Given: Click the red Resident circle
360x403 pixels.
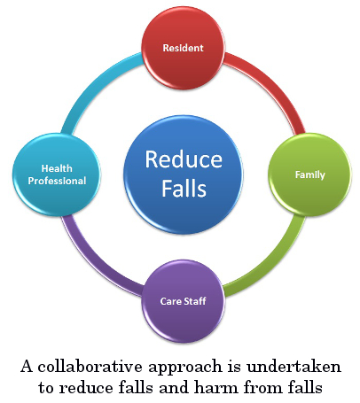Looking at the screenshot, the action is [x=183, y=48].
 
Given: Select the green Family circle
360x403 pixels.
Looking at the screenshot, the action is [x=309, y=174].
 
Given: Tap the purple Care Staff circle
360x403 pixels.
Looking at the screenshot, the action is [x=183, y=301].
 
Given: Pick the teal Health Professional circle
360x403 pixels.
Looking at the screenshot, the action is [x=57, y=174].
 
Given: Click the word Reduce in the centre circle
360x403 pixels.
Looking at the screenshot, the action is [x=184, y=159].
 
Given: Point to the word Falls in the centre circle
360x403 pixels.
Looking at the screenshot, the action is [x=184, y=188].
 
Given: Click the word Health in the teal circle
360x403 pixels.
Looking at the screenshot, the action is [x=57, y=168].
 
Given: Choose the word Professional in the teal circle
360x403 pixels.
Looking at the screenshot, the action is [x=57, y=181].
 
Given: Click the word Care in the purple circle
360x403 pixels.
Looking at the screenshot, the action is [x=171, y=301].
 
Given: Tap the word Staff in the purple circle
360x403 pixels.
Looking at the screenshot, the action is [x=195, y=301].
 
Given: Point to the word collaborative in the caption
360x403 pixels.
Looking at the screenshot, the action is [x=90, y=367].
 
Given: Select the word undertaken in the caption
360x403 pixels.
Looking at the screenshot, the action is [x=294, y=367].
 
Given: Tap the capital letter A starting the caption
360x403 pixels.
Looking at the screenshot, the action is [x=27, y=367].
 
